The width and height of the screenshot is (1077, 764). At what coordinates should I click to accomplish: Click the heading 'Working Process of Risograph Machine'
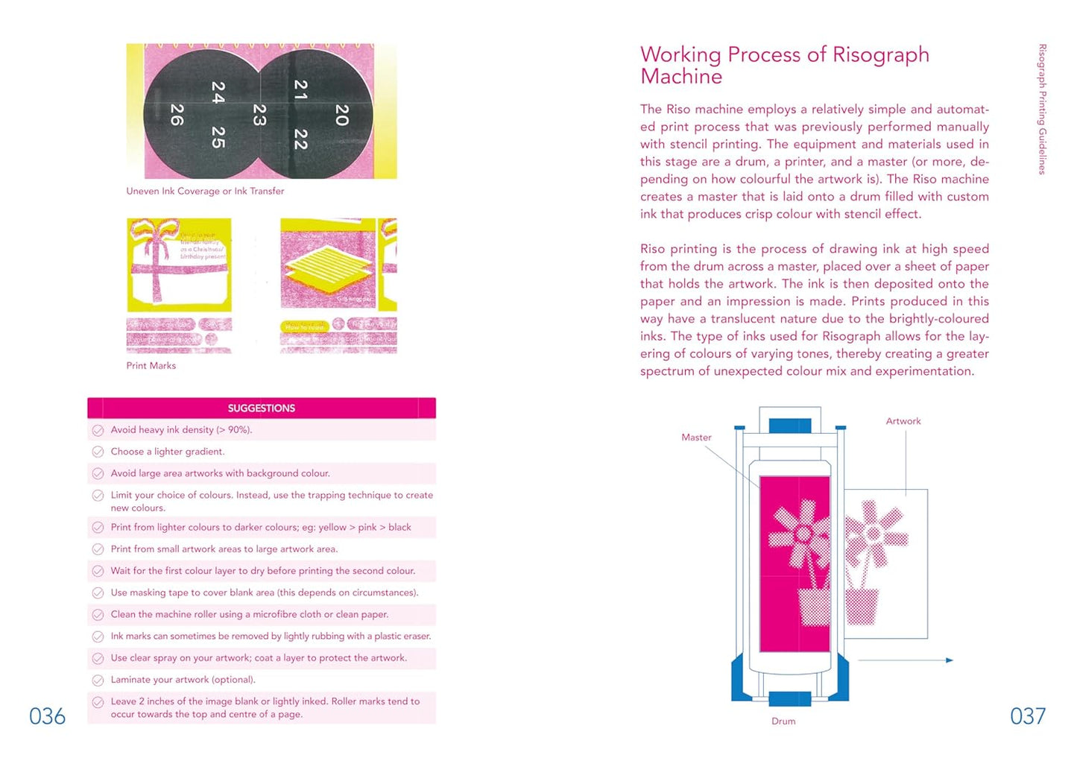click(x=784, y=65)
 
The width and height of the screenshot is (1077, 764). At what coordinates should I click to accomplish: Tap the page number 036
click(x=47, y=716)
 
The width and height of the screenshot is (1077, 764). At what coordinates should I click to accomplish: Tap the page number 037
click(x=1028, y=716)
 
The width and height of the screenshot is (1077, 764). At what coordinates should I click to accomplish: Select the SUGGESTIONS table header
click(x=261, y=408)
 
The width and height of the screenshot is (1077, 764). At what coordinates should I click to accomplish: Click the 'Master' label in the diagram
click(x=696, y=438)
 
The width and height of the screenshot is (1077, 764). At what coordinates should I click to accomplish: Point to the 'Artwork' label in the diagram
click(x=903, y=421)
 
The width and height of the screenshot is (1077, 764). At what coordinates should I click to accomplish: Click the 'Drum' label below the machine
click(x=783, y=721)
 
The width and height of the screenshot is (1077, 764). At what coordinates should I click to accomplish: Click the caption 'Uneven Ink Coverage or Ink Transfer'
click(x=205, y=192)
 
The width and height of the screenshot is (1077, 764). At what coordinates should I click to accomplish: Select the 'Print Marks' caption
click(x=151, y=366)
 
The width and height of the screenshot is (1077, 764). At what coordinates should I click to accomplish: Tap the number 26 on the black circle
click(x=177, y=114)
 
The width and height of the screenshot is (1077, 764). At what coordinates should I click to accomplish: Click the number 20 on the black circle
click(x=341, y=114)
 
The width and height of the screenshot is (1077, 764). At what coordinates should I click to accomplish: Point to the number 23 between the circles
click(x=259, y=114)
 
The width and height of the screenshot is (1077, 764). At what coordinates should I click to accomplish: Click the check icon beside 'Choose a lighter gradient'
click(x=98, y=452)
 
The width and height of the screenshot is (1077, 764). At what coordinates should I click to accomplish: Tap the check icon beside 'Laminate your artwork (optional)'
click(x=98, y=680)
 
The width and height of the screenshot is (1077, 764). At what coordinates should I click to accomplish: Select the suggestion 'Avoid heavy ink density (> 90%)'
click(x=181, y=430)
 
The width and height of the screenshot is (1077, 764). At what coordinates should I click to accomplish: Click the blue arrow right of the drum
click(x=949, y=660)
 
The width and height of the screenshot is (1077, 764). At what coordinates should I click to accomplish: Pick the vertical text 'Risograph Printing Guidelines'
click(x=1042, y=109)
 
